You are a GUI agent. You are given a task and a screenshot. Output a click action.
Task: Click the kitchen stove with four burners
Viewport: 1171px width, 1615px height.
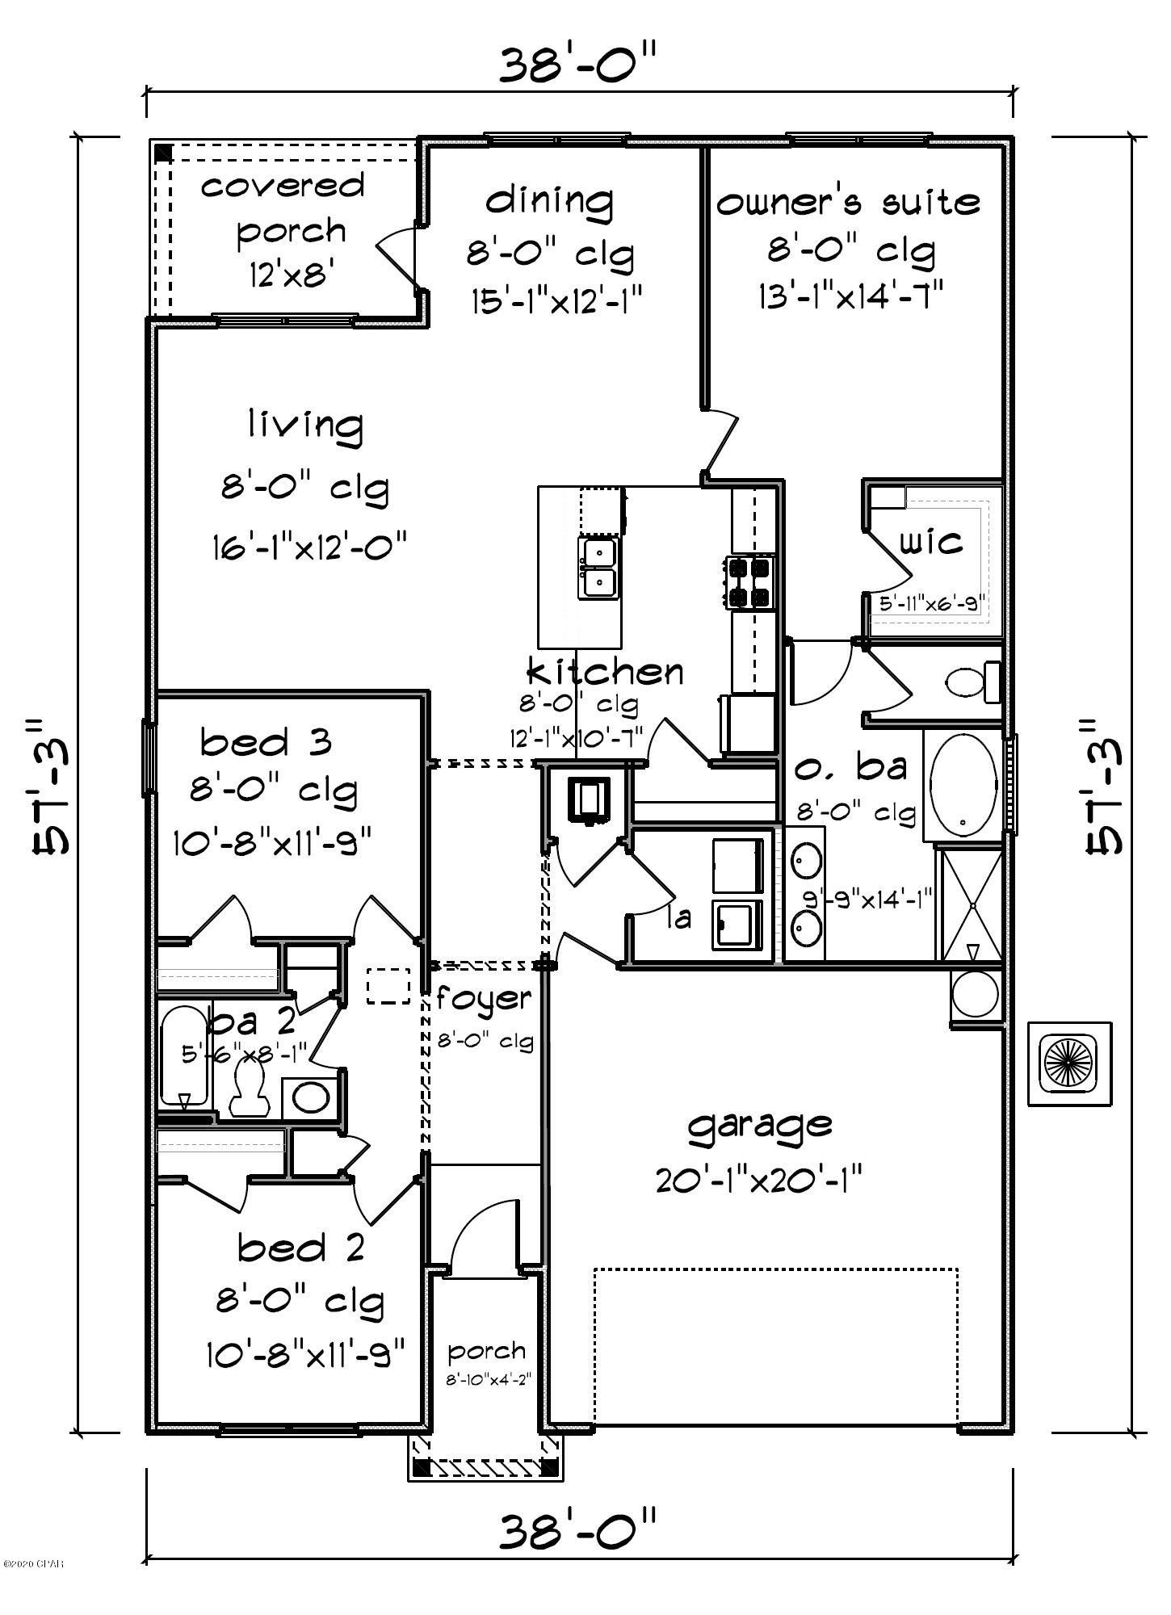pos(750,582)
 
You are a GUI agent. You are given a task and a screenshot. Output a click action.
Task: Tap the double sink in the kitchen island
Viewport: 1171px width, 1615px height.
pos(598,568)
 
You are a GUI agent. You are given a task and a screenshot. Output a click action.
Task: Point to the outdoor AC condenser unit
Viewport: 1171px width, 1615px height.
pos(1069,1063)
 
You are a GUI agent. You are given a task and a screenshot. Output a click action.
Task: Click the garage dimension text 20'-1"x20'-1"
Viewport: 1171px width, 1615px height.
pos(759,1182)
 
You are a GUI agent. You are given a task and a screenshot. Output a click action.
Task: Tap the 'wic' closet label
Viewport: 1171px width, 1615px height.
pos(931,541)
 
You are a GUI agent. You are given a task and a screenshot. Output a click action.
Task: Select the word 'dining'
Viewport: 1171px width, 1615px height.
pos(549,199)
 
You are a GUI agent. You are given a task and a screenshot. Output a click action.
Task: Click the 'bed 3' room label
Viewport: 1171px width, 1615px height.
pos(266,741)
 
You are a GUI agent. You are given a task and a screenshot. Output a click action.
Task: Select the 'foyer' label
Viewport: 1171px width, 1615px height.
pos(484,1000)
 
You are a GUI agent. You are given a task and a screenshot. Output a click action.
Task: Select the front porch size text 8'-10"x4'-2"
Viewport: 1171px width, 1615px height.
pos(487,1380)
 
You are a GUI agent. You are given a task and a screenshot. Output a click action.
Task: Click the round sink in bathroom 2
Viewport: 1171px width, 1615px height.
pos(310,1097)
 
